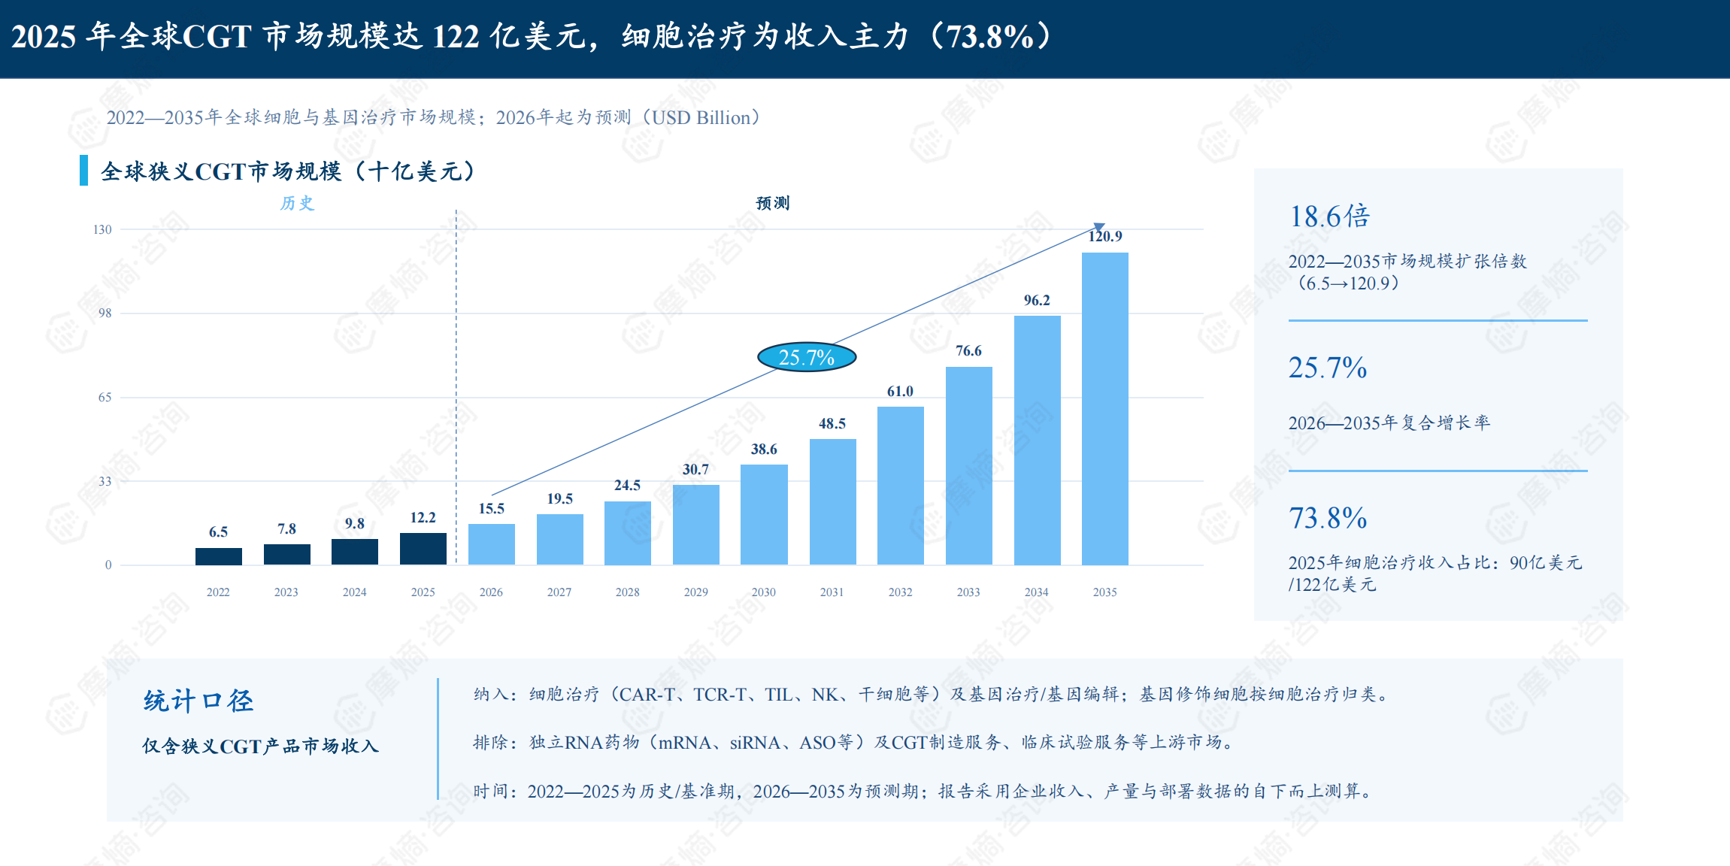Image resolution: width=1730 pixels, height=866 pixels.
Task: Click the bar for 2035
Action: point(1104,409)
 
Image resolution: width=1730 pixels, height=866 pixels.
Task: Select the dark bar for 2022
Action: point(219,556)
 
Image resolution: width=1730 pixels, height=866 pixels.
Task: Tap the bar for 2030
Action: point(764,515)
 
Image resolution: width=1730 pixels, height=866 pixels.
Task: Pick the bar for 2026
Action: point(492,544)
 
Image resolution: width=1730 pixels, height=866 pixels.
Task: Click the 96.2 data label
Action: point(1037,301)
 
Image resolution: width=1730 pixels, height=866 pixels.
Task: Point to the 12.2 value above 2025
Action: point(423,518)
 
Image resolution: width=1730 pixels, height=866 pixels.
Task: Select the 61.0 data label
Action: point(900,392)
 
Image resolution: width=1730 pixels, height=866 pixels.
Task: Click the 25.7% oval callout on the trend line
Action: point(807,357)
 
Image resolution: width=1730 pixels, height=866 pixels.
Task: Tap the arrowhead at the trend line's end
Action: point(1099,227)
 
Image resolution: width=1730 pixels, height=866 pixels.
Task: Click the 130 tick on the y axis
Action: point(102,229)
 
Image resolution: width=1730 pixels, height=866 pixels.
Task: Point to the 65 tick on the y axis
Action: point(105,398)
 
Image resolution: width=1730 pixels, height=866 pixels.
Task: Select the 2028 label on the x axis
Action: point(628,592)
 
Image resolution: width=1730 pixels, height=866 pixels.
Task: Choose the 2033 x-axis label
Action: point(968,592)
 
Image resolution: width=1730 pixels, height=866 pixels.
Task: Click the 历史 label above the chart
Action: point(297,203)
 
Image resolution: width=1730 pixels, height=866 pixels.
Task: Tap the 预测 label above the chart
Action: point(773,203)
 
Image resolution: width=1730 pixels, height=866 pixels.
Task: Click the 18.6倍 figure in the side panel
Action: point(1329,216)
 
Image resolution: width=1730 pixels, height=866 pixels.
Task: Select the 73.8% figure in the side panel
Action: point(1328,518)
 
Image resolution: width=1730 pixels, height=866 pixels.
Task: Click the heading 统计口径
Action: point(198,701)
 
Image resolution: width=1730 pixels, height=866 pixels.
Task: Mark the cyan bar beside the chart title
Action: point(83,171)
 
